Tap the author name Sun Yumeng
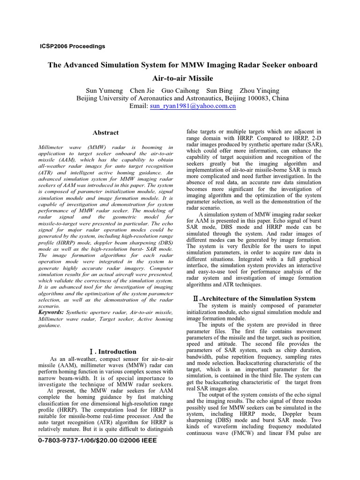point(104,90)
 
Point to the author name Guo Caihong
point(180,90)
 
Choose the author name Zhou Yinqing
point(259,90)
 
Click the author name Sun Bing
point(219,90)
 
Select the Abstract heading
point(105,133)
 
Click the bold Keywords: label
point(51,312)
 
